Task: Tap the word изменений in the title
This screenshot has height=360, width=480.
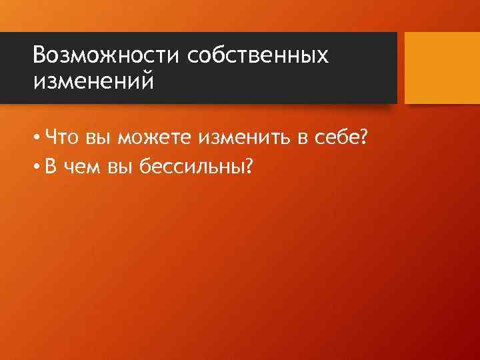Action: tap(93, 81)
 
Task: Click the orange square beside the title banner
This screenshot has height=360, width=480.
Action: tap(442, 67)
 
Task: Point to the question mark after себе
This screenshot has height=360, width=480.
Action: tap(364, 137)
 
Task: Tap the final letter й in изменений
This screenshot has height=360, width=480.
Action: tap(146, 81)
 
